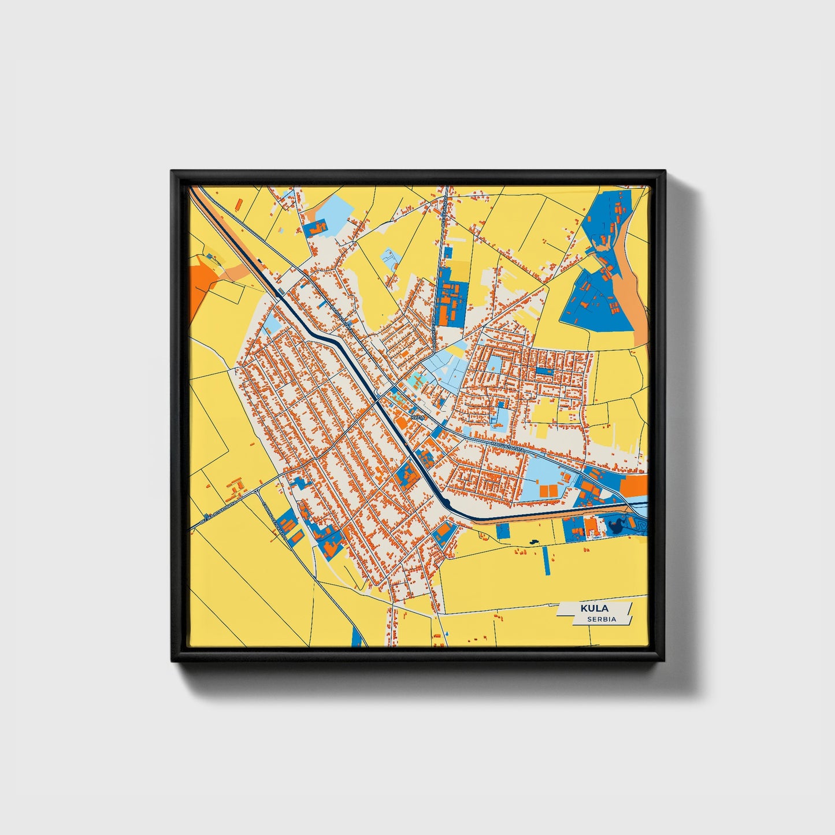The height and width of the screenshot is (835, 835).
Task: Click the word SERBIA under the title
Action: pos(602,619)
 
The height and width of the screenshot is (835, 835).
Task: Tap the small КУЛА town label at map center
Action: pos(417,416)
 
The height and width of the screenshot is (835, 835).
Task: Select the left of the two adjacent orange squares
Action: pos(543,491)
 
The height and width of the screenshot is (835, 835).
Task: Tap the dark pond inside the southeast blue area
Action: pos(614,525)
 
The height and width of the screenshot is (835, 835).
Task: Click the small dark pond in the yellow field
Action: pos(532,541)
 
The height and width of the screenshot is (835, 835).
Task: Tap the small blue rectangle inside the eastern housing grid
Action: pos(544,371)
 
